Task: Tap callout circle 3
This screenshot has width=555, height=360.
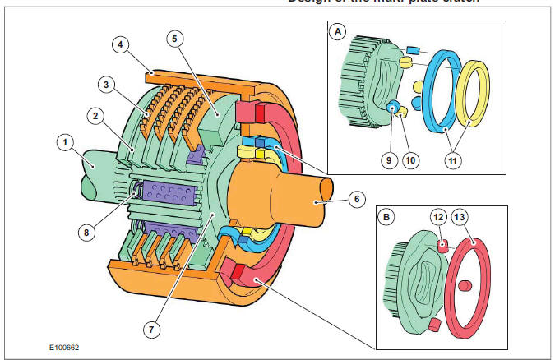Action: point(106,83)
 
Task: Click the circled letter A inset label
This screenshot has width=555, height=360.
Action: point(335,32)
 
